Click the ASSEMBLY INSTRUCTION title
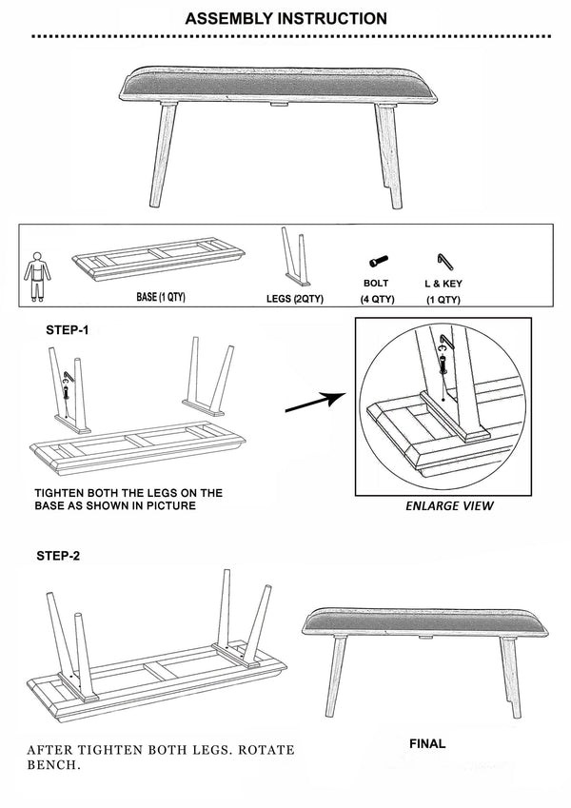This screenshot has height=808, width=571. click(x=285, y=18)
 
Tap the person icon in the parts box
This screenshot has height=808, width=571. click(x=34, y=276)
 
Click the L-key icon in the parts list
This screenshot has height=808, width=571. click(x=442, y=259)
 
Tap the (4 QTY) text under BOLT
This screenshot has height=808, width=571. click(x=376, y=299)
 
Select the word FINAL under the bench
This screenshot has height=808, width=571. click(x=426, y=743)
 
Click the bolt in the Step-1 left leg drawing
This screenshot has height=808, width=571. click(x=67, y=386)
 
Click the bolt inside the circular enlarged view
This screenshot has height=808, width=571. click(x=442, y=359)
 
